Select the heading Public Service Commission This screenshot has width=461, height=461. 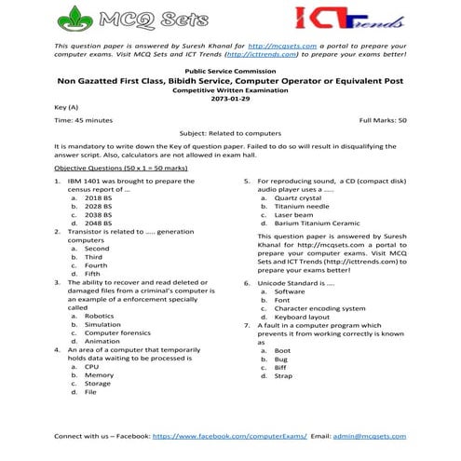point(231,71)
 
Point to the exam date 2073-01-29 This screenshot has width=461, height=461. point(231,98)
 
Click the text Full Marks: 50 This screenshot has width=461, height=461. point(382,121)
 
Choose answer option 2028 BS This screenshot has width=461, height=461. point(98,207)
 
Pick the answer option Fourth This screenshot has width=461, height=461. point(97,265)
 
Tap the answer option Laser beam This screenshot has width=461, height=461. point(296,215)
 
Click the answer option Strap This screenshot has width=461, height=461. point(283,375)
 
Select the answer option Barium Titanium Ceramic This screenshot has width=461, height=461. point(317,224)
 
